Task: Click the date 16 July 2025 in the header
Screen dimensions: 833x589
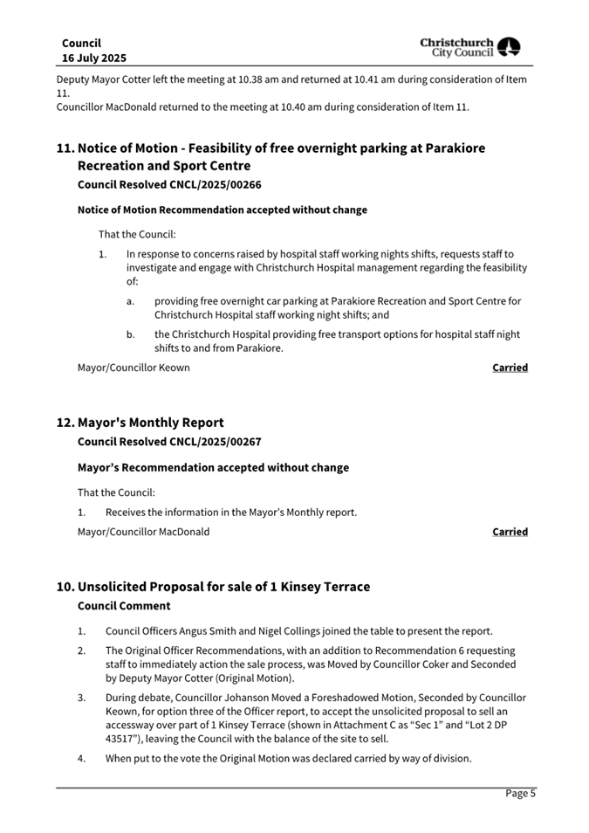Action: (x=93, y=58)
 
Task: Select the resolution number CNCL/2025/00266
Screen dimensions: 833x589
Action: (x=215, y=184)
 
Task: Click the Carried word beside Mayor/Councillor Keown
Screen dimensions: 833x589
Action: (x=510, y=368)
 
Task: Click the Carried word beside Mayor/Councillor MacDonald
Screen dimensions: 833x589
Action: (x=510, y=532)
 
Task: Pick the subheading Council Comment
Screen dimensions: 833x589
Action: (x=124, y=606)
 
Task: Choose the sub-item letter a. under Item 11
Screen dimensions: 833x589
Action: (x=130, y=301)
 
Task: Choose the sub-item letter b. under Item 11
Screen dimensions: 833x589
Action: (x=130, y=334)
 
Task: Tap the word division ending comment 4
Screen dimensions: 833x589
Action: (x=449, y=759)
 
